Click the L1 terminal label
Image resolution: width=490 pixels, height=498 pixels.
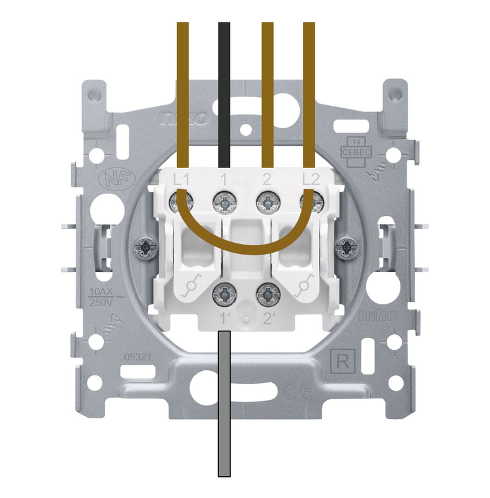pos(182,180)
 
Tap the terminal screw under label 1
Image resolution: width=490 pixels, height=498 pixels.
pos(223,201)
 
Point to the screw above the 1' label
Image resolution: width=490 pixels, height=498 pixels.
pos(223,291)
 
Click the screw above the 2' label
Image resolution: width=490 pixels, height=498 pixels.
pos(267,291)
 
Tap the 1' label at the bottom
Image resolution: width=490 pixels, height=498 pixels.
pos(225,319)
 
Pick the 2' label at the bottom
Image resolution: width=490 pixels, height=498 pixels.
pos(269,319)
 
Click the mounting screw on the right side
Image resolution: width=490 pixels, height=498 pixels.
pos(345,248)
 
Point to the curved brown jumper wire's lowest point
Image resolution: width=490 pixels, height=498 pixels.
pos(246,252)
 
